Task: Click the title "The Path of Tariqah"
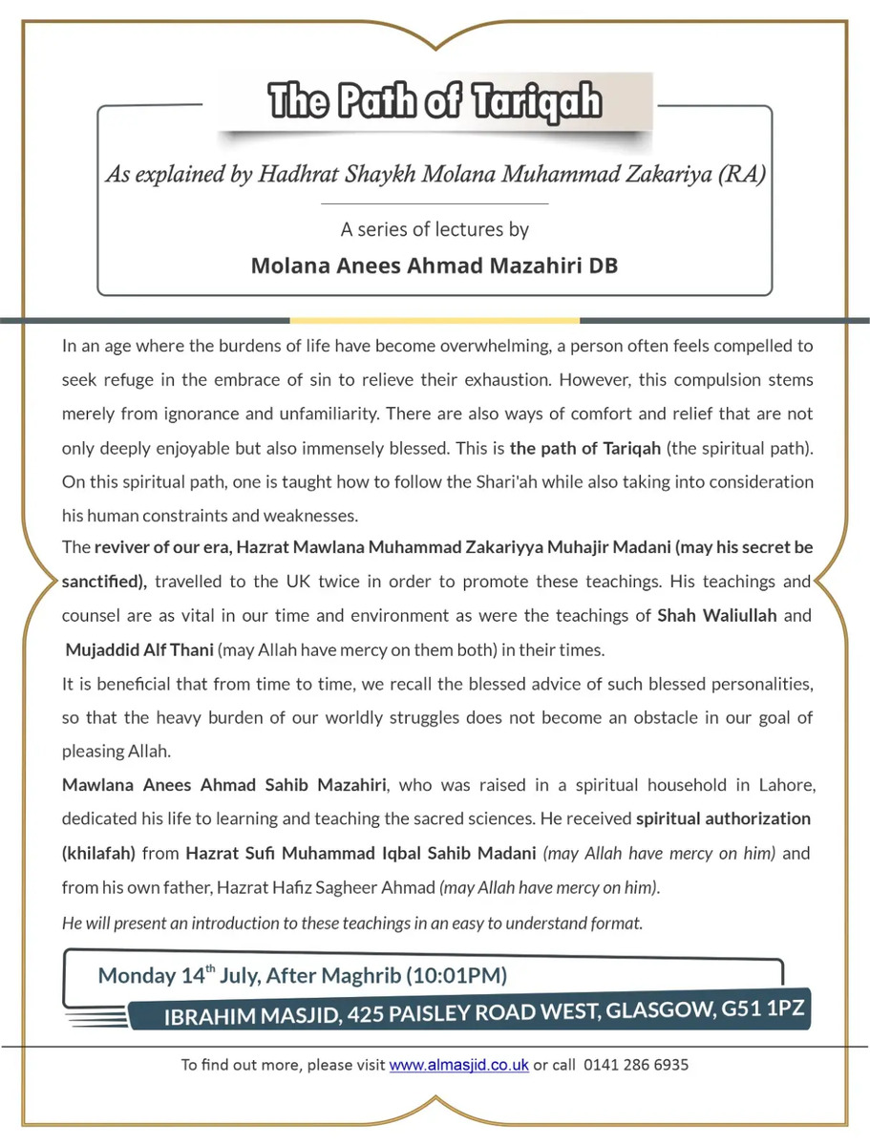pos(435,100)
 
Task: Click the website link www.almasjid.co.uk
pos(458,1065)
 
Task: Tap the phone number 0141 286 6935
pos(635,1065)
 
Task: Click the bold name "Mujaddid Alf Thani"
pos(139,650)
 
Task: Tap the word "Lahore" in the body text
pos(785,785)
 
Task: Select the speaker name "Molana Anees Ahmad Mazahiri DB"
pos(435,265)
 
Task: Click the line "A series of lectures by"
pos(435,229)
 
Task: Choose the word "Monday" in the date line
pos(137,975)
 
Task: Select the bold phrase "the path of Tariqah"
pos(583,448)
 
